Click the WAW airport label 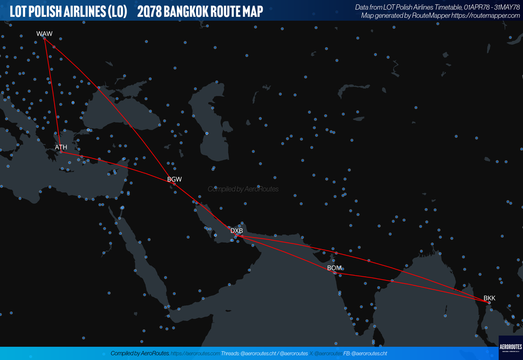pyautogui.click(x=44, y=34)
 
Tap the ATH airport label pyautogui.click(x=61, y=148)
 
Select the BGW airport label pyautogui.click(x=174, y=179)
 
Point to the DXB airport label pyautogui.click(x=236, y=231)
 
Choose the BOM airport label pyautogui.click(x=334, y=268)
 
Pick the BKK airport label pyautogui.click(x=489, y=298)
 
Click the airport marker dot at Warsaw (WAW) pyautogui.click(x=44, y=38)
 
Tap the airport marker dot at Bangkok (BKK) pyautogui.click(x=489, y=302)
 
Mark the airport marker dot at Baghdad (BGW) pyautogui.click(x=174, y=184)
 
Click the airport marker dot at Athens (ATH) pyautogui.click(x=61, y=152)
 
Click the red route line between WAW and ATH pyautogui.click(x=53, y=94)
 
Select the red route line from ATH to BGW pyautogui.click(x=118, y=167)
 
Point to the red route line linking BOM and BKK pyautogui.click(x=413, y=285)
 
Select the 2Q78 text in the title pyautogui.click(x=149, y=10)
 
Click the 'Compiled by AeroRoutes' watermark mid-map pyautogui.click(x=243, y=189)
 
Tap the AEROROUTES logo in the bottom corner pyautogui.click(x=510, y=347)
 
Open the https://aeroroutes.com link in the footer pyautogui.click(x=195, y=354)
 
